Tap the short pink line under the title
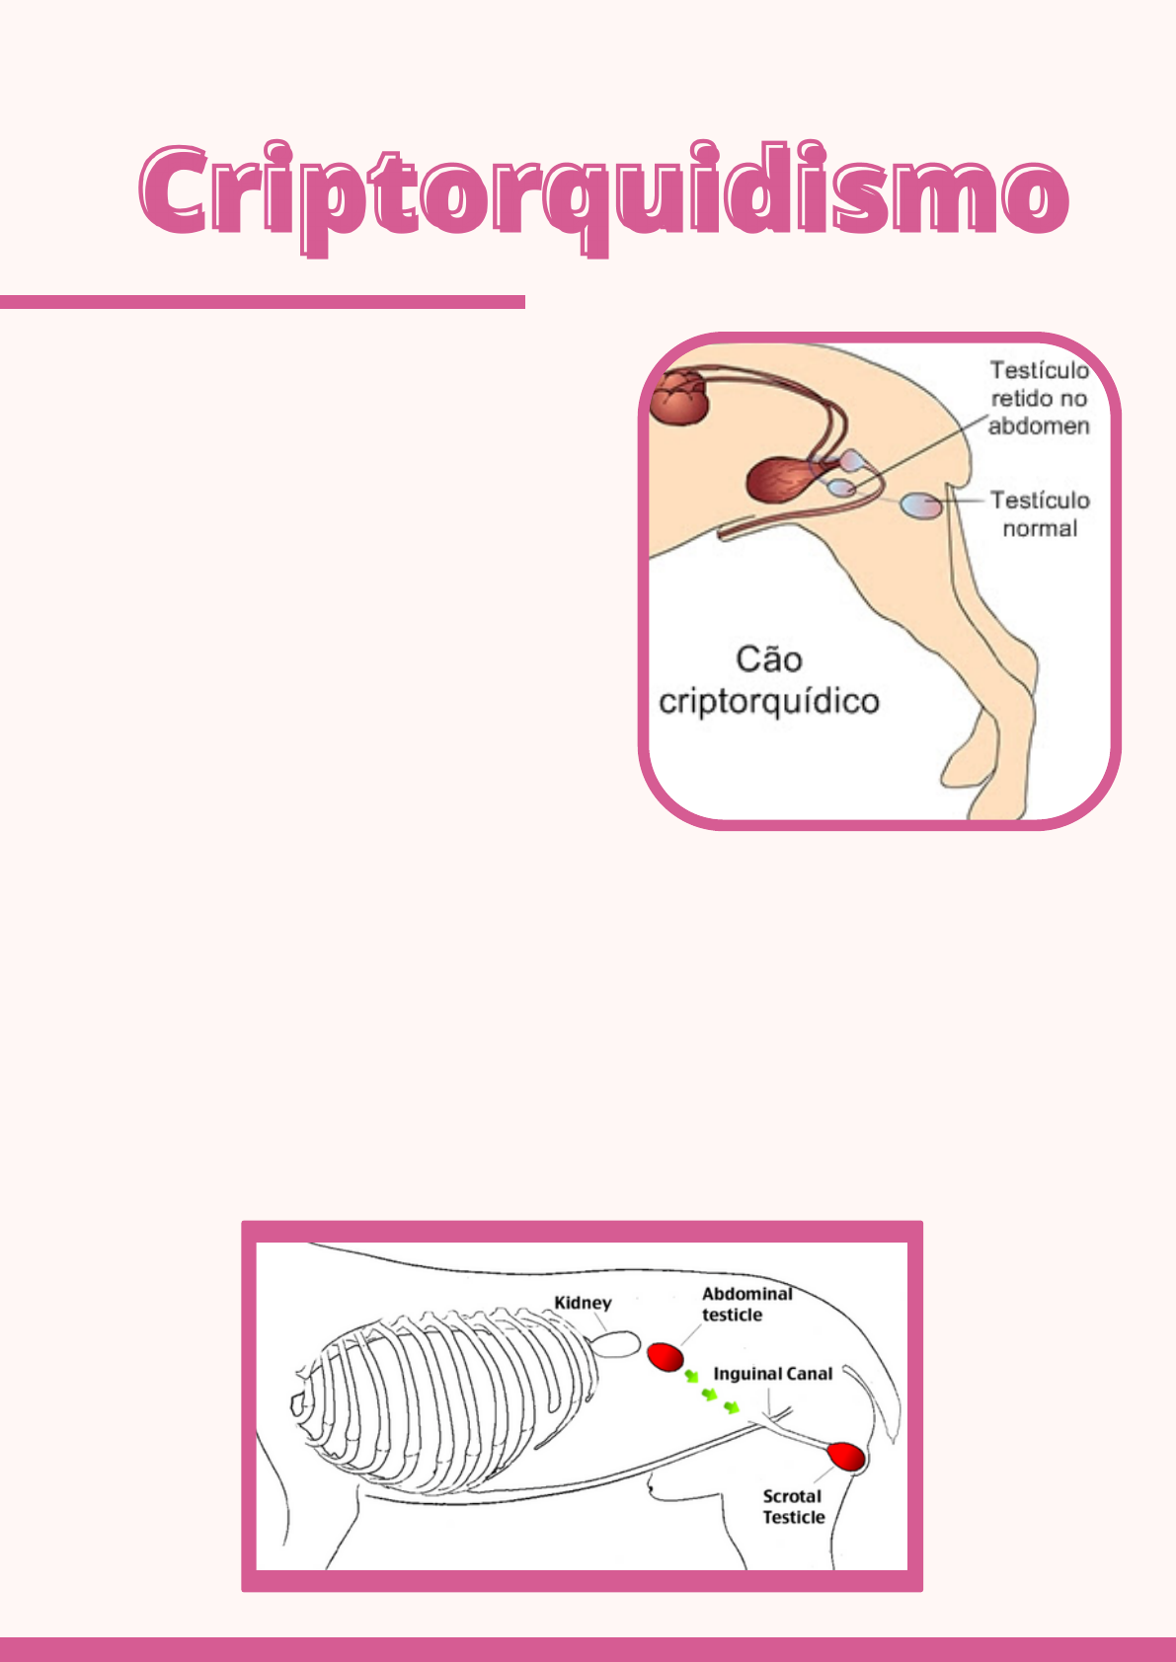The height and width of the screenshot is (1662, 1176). tap(262, 302)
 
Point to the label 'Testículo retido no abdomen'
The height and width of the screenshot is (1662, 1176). tap(1039, 399)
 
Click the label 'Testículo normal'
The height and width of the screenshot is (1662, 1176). tap(1040, 514)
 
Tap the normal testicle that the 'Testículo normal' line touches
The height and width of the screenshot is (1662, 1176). tap(920, 505)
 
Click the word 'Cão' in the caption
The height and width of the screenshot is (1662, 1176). tap(769, 659)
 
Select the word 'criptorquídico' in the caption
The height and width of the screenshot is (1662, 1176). tap(768, 702)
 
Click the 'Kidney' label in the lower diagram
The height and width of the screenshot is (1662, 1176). tap(583, 1303)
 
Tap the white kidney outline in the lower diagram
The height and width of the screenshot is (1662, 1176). tap(615, 1344)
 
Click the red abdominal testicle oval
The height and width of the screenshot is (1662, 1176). tap(666, 1357)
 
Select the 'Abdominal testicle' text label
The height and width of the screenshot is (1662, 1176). tap(745, 1304)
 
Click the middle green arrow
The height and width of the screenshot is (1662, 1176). tap(710, 1394)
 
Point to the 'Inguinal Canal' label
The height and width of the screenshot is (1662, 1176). tap(772, 1374)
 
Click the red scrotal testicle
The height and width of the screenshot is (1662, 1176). tap(845, 1457)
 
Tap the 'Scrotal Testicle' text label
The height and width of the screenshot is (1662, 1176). tap(793, 1507)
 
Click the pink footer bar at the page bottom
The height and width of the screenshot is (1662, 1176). tap(588, 1649)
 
